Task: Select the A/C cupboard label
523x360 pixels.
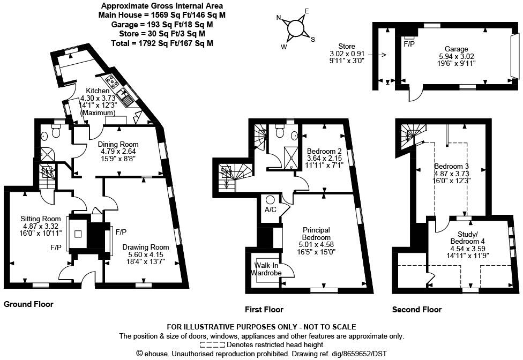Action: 270,209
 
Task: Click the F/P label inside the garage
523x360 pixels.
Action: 410,43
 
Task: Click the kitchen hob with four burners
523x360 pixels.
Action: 113,81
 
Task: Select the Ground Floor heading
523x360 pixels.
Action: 29,304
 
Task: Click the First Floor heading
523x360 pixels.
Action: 264,309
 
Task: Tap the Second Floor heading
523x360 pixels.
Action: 417,309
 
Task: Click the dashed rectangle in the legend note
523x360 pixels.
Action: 212,345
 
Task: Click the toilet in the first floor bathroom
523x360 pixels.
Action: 279,131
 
